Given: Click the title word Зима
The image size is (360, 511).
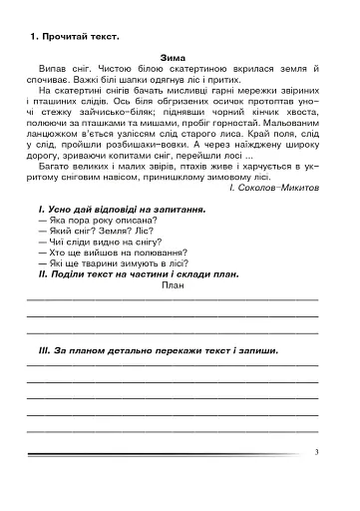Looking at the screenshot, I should pos(175,59).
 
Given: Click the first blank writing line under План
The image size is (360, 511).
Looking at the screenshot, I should pos(174,299).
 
